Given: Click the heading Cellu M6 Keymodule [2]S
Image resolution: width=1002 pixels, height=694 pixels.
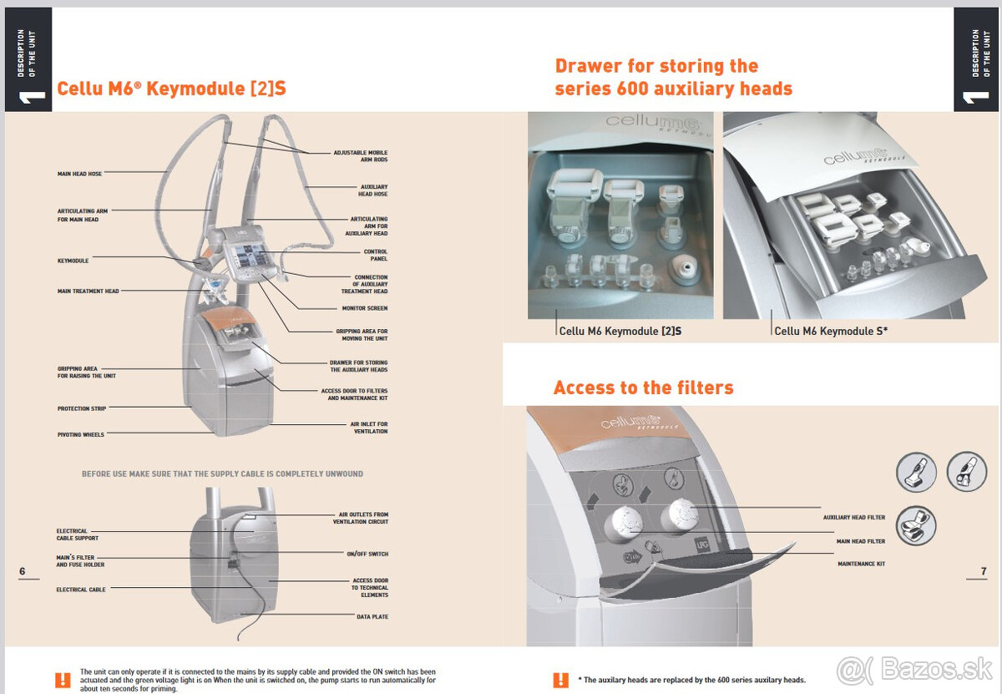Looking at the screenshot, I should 171,89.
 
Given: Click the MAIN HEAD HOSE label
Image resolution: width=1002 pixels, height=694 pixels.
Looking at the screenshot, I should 79,174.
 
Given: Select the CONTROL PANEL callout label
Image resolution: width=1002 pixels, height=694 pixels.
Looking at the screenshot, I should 375,256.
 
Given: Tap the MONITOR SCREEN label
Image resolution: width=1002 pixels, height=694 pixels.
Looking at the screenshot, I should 365,308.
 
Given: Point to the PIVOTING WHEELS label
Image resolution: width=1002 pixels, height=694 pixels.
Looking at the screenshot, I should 81,435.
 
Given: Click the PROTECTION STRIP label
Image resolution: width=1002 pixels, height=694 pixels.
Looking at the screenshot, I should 82,409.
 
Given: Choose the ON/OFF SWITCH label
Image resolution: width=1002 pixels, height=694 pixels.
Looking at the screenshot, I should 367,554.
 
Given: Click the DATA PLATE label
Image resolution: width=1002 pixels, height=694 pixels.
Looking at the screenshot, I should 372,616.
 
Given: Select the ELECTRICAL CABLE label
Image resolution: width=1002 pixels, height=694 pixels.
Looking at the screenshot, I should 81,590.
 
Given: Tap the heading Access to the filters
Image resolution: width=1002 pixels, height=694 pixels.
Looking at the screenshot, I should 643,388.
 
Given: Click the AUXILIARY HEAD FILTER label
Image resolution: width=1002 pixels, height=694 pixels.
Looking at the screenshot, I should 853,518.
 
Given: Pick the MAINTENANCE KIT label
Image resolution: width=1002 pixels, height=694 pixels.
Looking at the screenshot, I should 862,564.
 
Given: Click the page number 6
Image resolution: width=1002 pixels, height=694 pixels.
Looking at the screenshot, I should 23,571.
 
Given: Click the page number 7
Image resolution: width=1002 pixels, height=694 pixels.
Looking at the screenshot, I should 984,571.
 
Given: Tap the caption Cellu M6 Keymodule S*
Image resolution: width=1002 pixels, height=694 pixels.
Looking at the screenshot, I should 831,332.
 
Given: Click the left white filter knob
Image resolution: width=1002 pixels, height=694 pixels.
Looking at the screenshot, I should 622,523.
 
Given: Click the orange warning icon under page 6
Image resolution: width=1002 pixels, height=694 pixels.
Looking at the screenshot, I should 63,680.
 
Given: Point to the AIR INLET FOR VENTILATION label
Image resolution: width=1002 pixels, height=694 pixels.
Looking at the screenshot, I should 368,428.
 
